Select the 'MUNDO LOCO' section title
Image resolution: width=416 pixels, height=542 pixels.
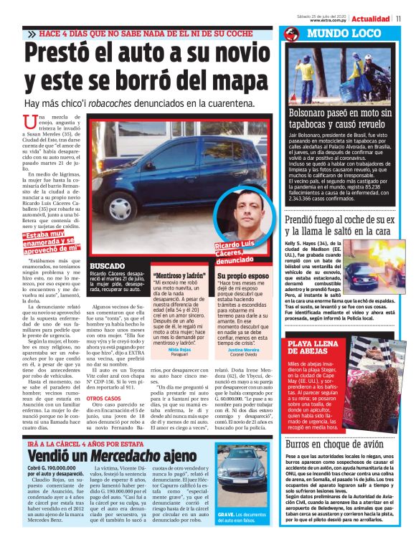(327, 34)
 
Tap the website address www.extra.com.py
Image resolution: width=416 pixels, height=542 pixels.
(330, 20)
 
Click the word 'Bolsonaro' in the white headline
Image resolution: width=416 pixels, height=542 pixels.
(313, 113)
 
